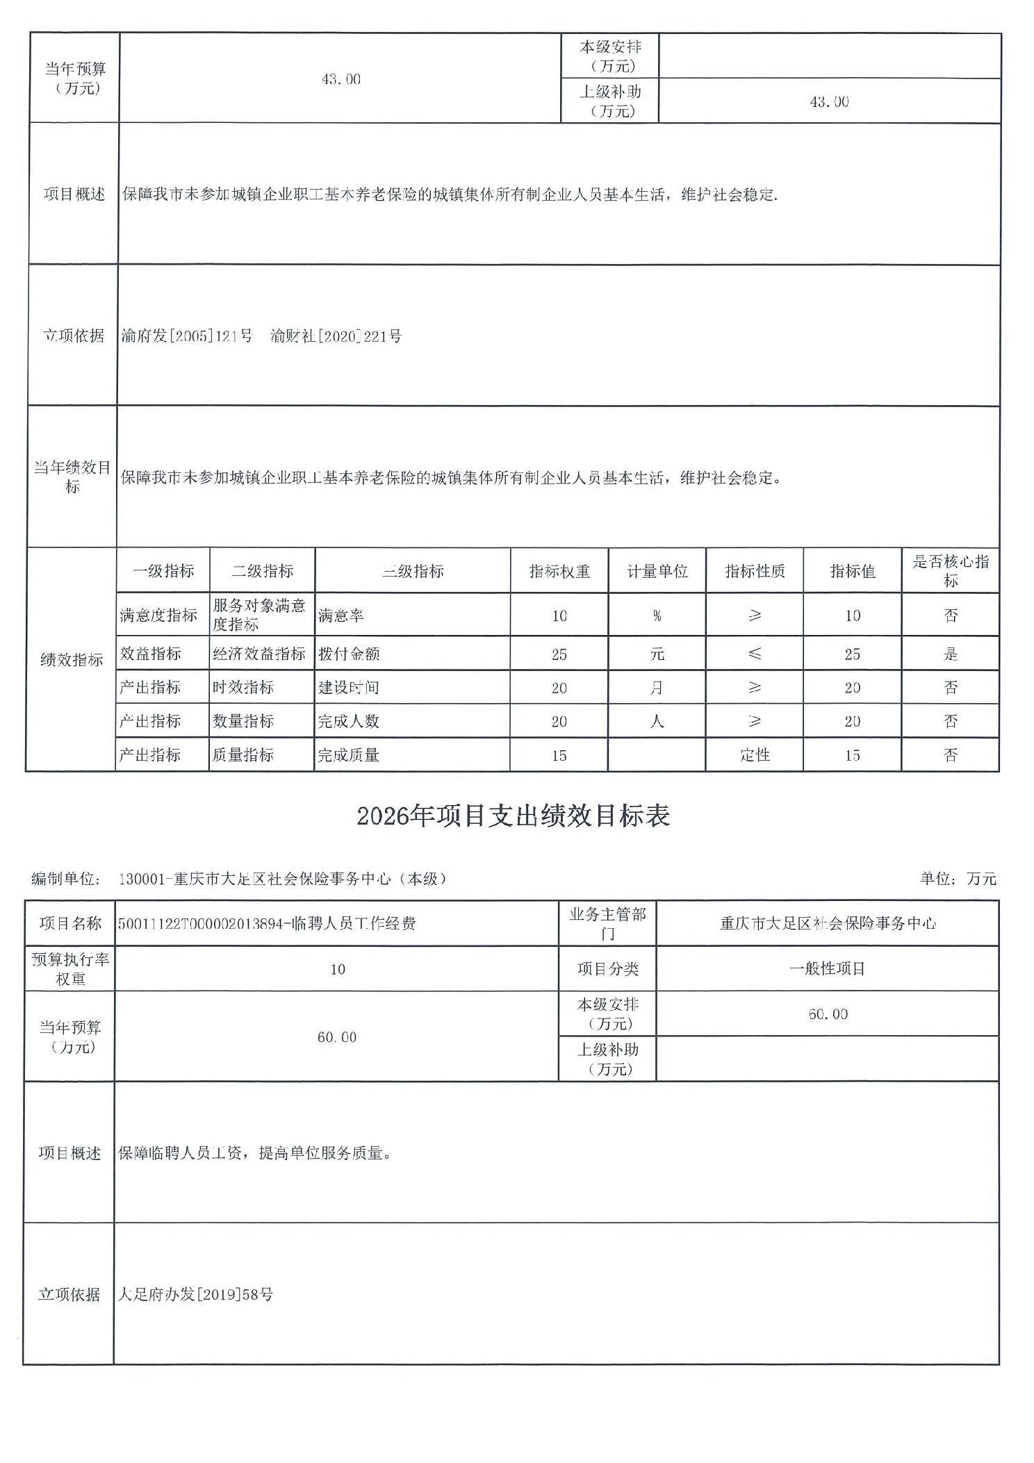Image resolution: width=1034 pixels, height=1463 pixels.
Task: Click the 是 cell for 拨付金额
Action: point(950,654)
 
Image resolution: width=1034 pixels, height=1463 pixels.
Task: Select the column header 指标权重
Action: point(559,571)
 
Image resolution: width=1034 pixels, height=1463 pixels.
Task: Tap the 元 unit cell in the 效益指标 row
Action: point(657,654)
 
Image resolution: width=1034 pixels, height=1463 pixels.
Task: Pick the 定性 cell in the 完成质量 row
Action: point(754,755)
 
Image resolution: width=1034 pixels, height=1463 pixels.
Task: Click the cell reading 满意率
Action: point(341,615)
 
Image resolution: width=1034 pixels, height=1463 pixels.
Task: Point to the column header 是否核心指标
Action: point(950,571)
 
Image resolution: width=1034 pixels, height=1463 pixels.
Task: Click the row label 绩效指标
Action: point(72,660)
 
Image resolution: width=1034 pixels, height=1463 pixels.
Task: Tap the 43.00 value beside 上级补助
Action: point(829,102)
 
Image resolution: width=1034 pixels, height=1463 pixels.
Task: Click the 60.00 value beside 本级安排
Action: point(828,1014)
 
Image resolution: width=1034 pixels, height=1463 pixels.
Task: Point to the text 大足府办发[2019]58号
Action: point(195,1294)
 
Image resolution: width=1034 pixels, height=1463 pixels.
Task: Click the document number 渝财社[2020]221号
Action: point(336,337)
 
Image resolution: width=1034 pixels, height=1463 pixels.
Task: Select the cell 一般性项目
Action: point(827,969)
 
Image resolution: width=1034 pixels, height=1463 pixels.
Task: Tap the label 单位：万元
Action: point(958,879)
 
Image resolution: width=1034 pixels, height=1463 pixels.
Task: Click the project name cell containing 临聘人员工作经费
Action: point(267,923)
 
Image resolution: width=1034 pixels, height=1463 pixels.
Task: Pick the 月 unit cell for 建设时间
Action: point(657,688)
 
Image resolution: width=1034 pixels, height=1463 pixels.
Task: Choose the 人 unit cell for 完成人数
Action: point(657,721)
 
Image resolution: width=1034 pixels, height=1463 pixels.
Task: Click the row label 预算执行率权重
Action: point(70,969)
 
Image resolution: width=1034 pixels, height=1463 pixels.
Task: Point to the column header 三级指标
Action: point(413,571)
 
